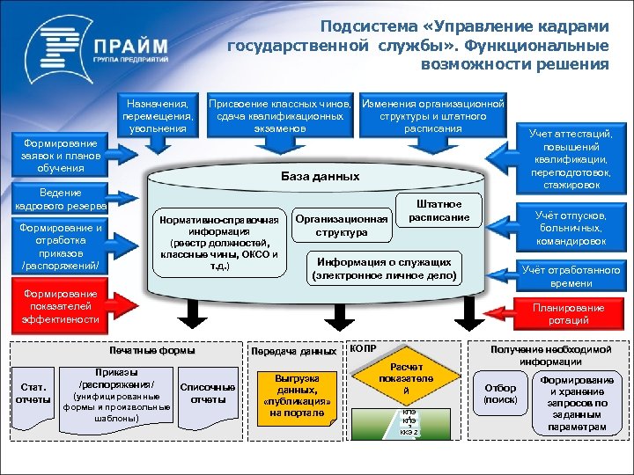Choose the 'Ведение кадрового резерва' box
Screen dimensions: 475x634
(61, 199)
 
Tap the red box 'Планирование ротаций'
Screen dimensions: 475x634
(568, 314)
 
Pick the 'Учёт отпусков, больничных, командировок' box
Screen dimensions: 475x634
(570, 227)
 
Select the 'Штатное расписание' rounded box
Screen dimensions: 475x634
(439, 211)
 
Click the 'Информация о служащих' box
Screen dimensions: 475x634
(384, 269)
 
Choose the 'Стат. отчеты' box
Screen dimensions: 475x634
(33, 393)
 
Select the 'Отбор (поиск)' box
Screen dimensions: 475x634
(500, 393)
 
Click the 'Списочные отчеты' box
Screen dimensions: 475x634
(207, 393)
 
